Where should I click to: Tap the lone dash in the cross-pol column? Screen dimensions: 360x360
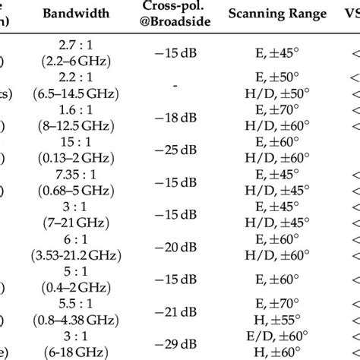coord(175,87)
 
